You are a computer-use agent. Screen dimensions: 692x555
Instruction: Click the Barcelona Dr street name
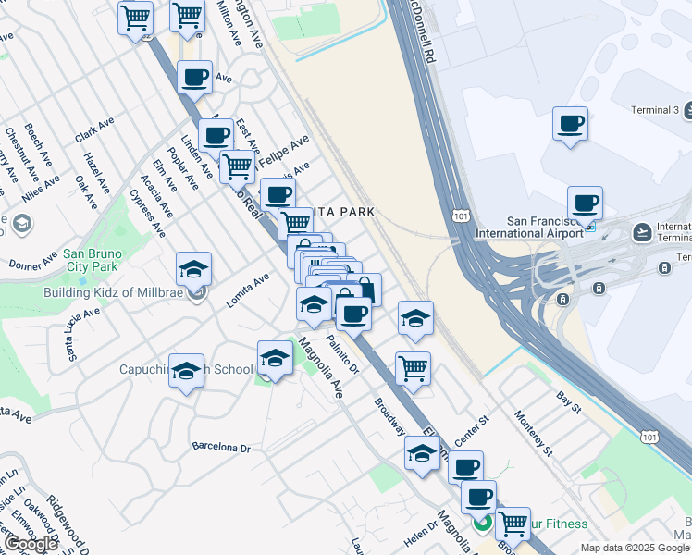pos(221,448)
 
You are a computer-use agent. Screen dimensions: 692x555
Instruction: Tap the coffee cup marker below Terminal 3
pos(584,203)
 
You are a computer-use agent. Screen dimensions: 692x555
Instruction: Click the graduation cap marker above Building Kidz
pos(193,269)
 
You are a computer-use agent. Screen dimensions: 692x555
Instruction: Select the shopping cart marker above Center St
pos(413,368)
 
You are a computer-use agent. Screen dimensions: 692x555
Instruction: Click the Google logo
pos(31,543)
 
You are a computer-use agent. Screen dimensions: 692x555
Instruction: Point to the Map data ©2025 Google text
pos(634,548)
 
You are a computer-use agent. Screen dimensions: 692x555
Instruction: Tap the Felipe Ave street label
pos(288,148)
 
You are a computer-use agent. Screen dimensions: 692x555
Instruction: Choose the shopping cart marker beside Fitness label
pos(513,524)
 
